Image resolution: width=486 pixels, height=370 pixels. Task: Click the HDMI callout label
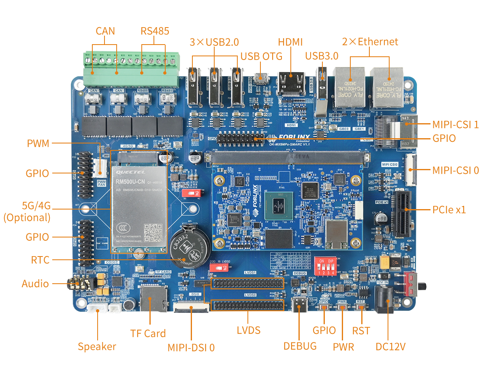coord(290,42)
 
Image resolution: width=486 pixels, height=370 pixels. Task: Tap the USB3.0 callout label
coord(322,56)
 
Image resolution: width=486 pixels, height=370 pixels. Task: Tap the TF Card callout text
coord(147,334)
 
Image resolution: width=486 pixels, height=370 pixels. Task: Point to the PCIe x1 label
coord(449,210)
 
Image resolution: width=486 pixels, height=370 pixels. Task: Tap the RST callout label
coord(361,331)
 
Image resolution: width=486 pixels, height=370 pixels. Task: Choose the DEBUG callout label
coord(300,346)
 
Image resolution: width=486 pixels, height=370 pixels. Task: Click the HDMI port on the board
coord(290,83)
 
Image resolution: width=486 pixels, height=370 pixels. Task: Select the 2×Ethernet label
coord(370,42)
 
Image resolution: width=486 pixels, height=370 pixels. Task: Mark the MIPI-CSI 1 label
coord(456,124)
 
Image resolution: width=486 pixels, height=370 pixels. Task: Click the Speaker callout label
coord(97,347)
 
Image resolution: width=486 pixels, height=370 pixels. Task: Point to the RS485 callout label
coord(155,31)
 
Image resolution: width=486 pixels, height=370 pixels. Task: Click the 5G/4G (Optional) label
coord(27,212)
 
